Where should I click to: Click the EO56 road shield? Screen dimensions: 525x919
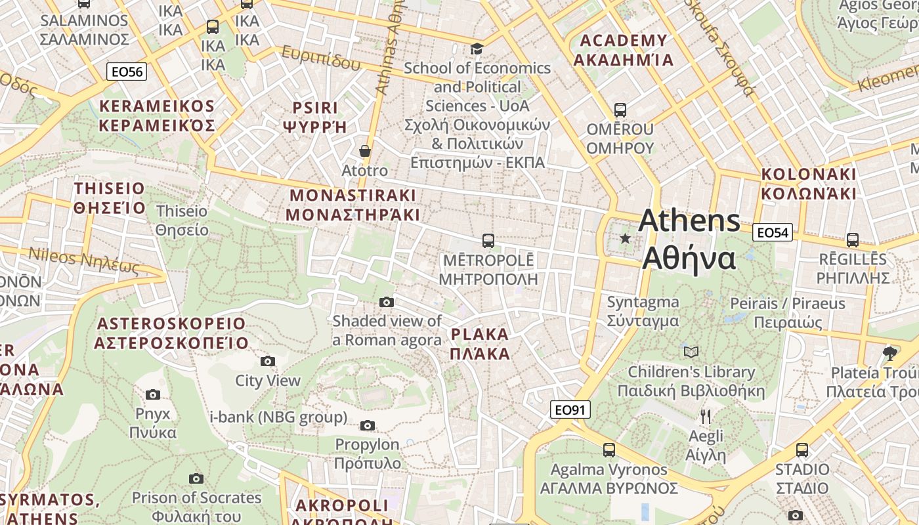point(127,72)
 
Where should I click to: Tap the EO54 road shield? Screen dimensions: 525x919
point(773,232)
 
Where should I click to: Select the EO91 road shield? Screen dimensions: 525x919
point(570,410)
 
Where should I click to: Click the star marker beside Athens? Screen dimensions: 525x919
point(625,239)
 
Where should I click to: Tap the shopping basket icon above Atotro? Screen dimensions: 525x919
point(365,152)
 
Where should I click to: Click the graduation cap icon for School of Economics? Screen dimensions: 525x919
point(477,49)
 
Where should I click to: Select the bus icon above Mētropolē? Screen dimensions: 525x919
point(488,241)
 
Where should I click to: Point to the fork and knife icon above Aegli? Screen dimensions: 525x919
point(706,417)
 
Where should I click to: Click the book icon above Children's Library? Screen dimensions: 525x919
point(691,352)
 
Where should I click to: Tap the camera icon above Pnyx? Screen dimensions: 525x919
point(153,394)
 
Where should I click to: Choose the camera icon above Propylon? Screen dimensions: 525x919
point(368,426)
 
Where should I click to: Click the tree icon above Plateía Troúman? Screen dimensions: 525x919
point(890,354)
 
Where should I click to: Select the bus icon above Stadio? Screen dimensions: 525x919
point(801,450)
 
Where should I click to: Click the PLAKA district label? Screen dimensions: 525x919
point(481,344)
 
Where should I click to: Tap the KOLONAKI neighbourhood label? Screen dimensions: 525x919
point(809,184)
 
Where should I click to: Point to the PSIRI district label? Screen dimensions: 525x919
point(315,117)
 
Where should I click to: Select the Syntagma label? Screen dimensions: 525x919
point(643,311)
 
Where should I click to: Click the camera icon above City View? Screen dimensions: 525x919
point(268,362)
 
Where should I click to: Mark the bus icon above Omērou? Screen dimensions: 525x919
point(620,110)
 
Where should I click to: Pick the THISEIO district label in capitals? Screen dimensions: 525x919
point(110,198)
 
